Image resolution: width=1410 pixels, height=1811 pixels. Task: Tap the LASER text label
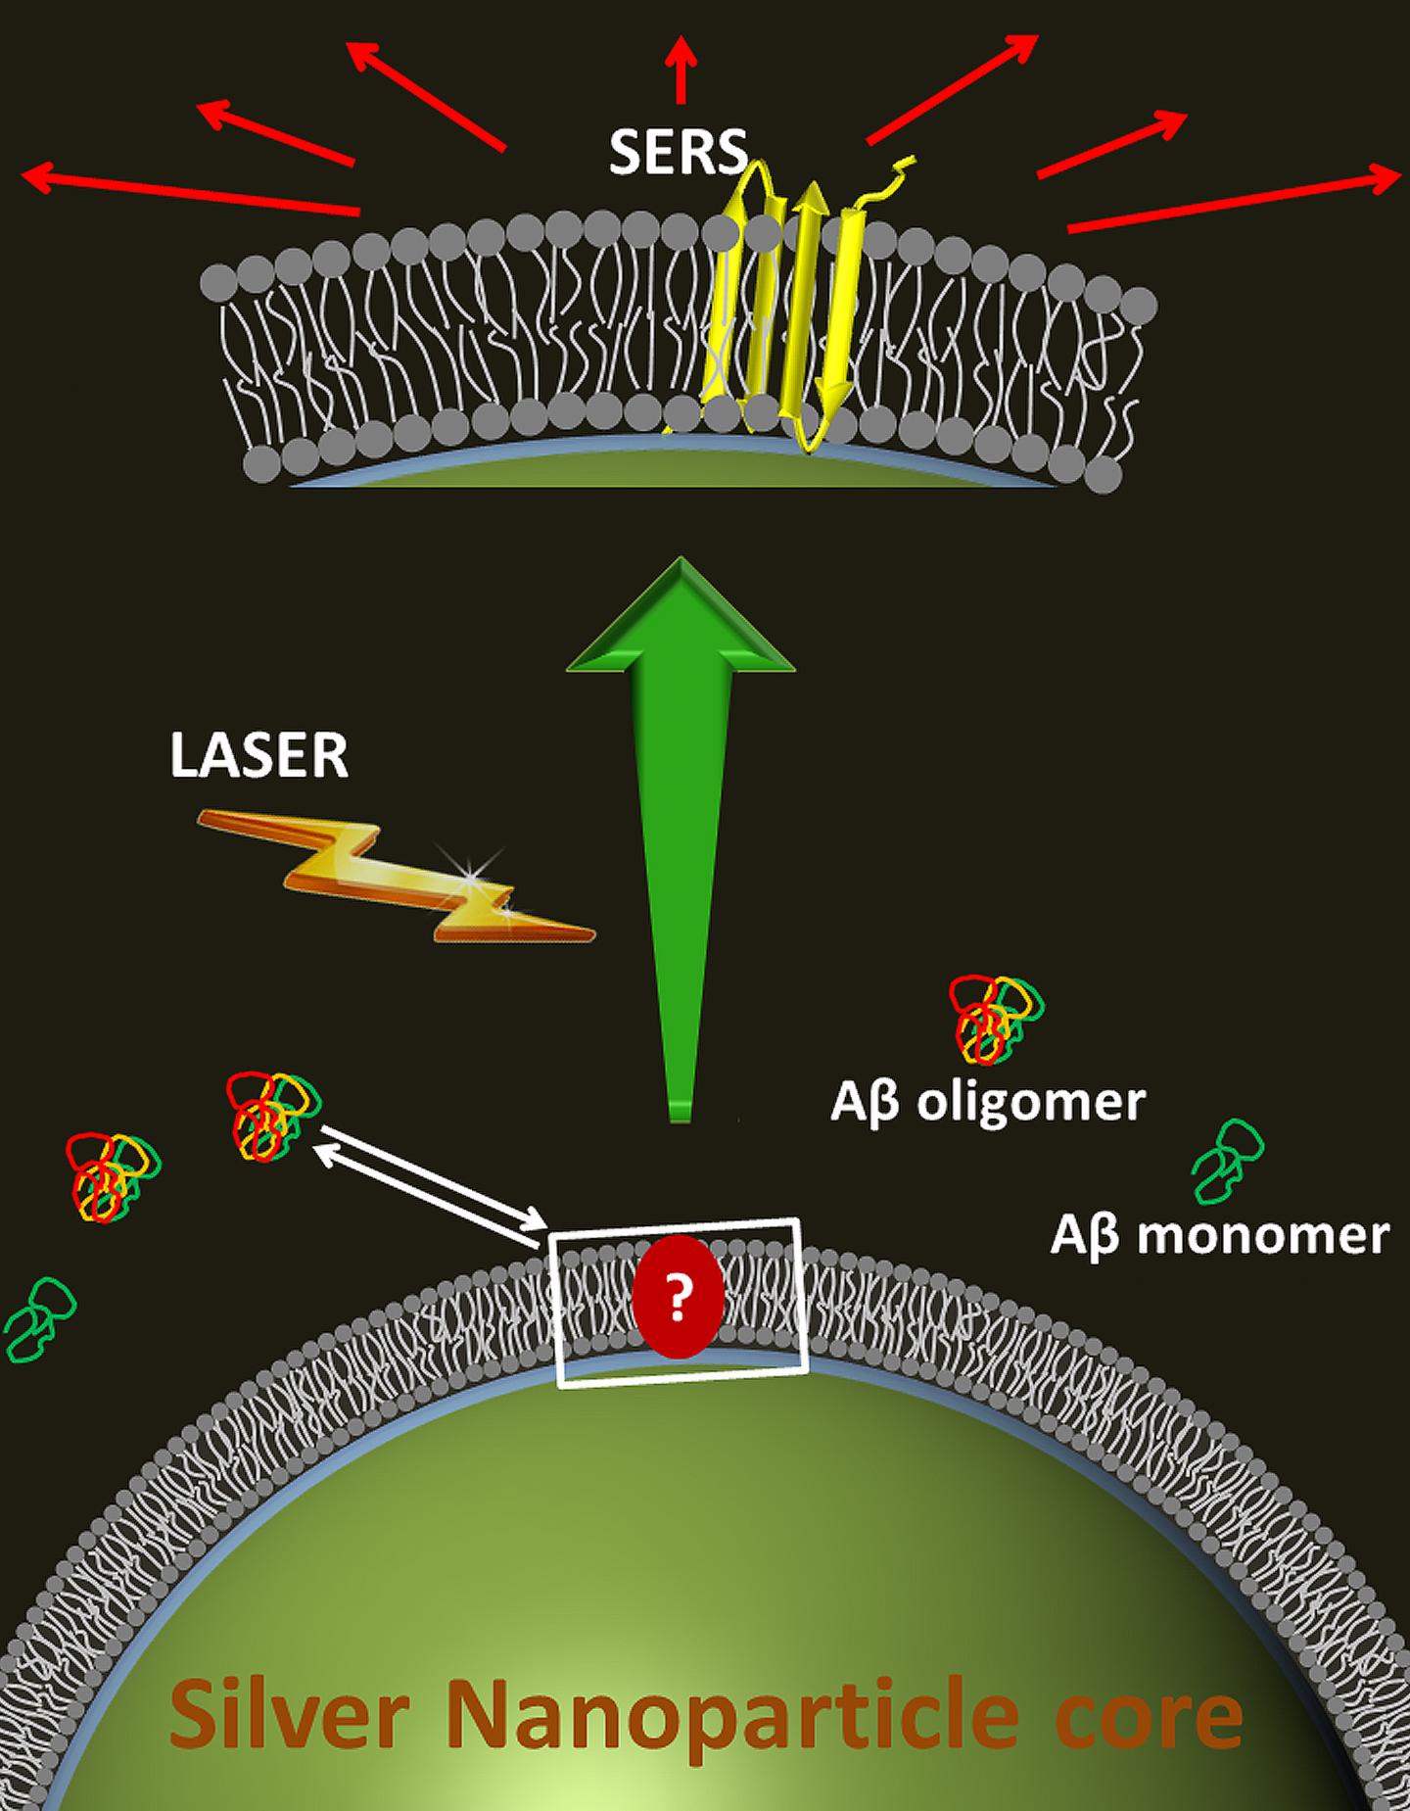tap(258, 755)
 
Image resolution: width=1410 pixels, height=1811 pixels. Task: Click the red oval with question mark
tap(678, 1296)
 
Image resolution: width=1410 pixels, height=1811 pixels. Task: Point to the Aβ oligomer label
tap(987, 1102)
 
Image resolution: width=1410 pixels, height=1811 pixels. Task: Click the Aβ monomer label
tap(1219, 1235)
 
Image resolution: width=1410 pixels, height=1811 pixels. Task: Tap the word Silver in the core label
tap(289, 1714)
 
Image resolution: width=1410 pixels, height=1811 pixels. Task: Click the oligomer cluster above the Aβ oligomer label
tap(995, 1019)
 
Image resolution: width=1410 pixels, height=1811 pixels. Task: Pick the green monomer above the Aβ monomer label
tap(1228, 1161)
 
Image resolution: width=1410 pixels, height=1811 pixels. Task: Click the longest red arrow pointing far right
tap(1234, 201)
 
